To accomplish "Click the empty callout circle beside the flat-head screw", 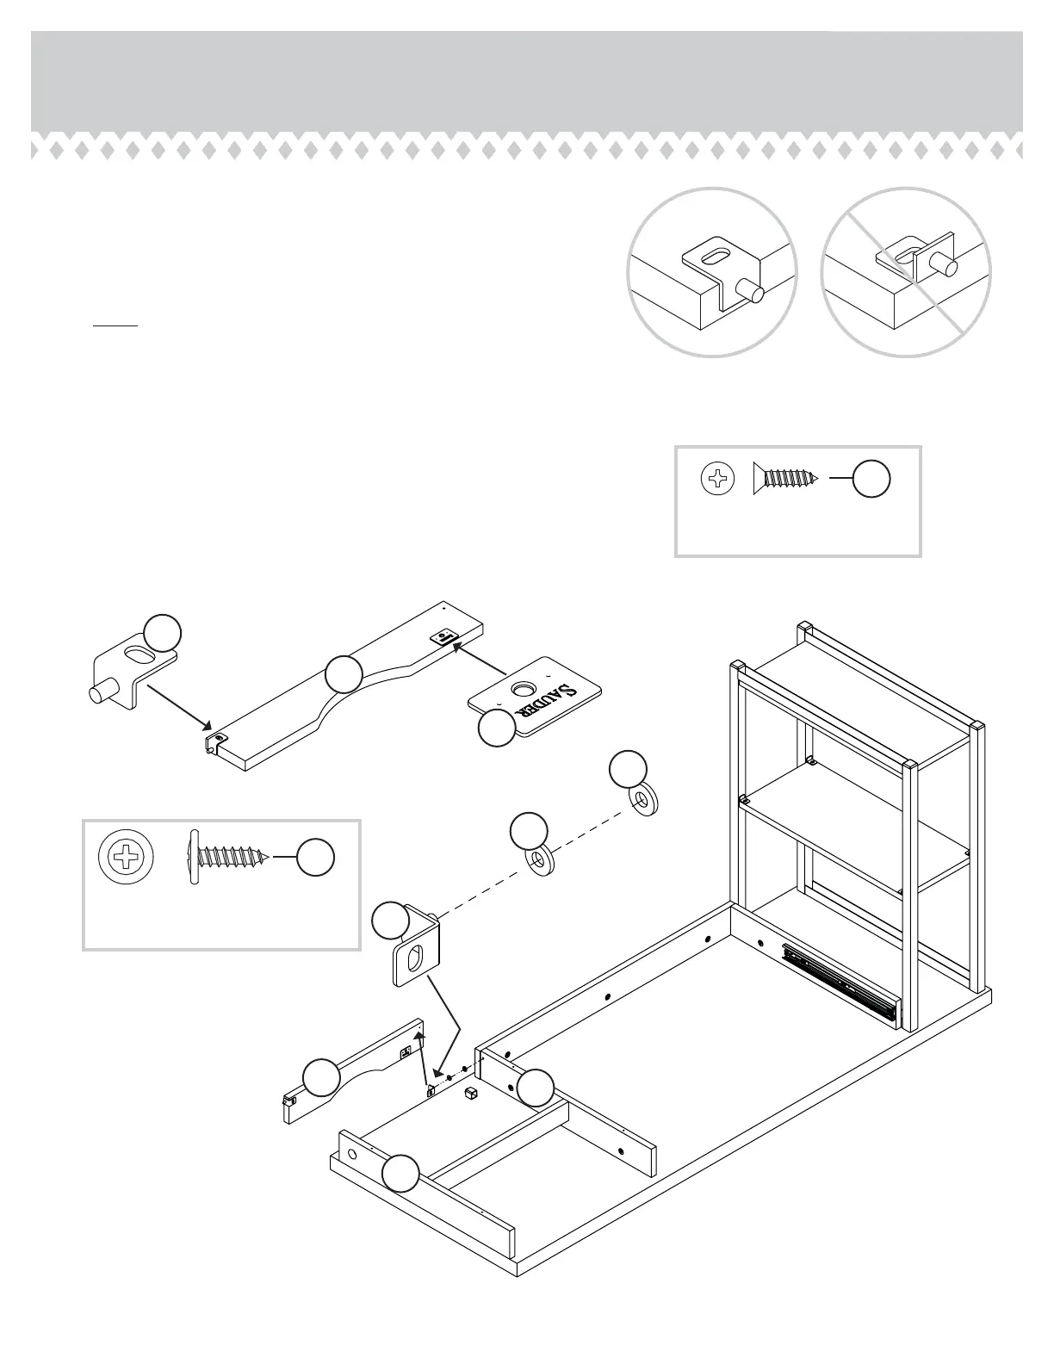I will pyautogui.click(x=871, y=479).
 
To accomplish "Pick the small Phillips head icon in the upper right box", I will pyautogui.click(x=718, y=479).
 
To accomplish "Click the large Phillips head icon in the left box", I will pyautogui.click(x=127, y=858).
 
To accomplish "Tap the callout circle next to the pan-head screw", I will pyautogui.click(x=315, y=857).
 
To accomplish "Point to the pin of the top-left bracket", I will pyautogui.click(x=105, y=691).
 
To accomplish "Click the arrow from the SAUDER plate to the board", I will pyautogui.click(x=480, y=656).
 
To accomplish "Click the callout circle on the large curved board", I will pyautogui.click(x=344, y=673).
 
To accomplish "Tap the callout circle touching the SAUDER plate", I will pyautogui.click(x=497, y=728).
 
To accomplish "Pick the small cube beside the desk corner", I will pyautogui.click(x=471, y=1094).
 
